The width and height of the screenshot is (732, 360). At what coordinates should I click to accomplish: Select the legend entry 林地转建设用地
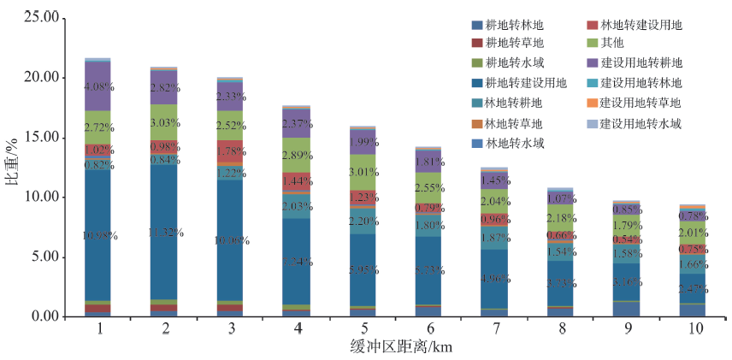tap(640, 26)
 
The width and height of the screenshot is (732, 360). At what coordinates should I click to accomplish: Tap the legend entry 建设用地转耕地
tap(640, 62)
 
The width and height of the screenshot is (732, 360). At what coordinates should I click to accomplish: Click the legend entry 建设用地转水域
tap(640, 124)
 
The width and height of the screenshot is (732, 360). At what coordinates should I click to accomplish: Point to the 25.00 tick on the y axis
tap(42, 18)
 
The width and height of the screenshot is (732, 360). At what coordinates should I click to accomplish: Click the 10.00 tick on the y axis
tap(42, 197)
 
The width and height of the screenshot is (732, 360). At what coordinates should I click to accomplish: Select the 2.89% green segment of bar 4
tap(297, 156)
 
